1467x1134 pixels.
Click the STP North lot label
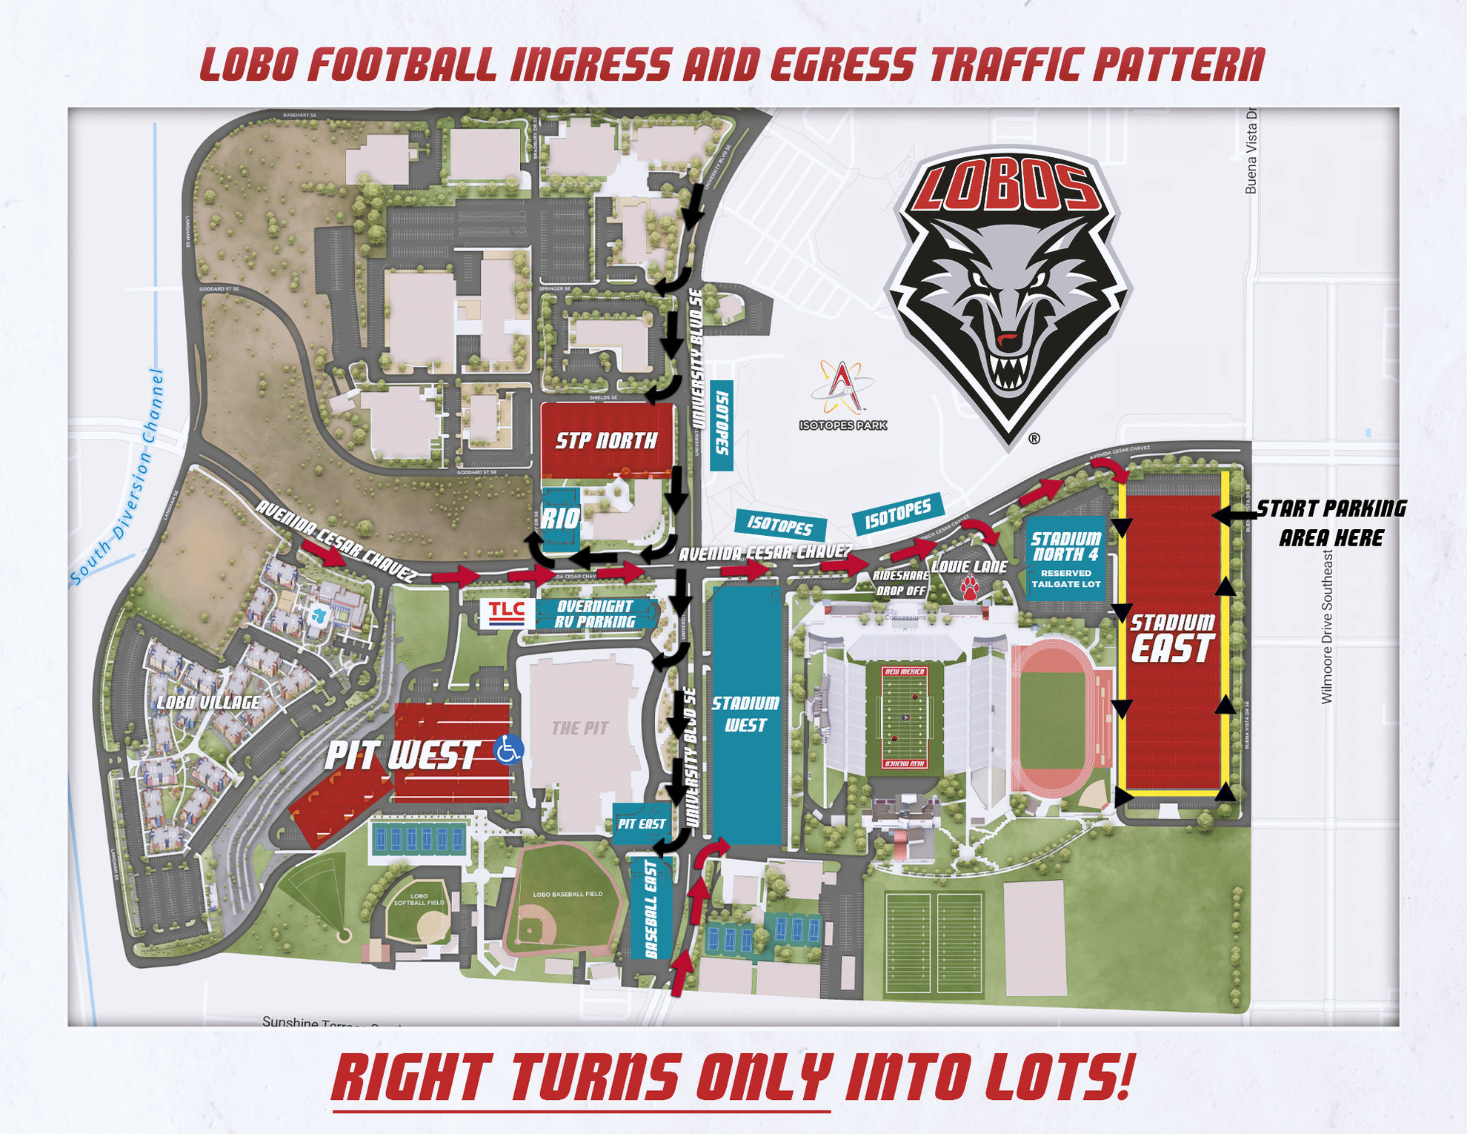(x=606, y=441)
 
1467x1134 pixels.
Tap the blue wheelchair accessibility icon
(x=508, y=749)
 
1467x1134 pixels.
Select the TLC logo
(x=507, y=613)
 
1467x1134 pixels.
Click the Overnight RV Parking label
(x=596, y=614)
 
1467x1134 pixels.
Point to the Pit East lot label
(x=642, y=823)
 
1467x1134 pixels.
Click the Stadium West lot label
(x=745, y=714)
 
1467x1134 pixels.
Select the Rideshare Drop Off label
(x=900, y=583)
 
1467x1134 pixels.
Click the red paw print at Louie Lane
(x=969, y=589)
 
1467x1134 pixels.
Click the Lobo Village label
(x=208, y=702)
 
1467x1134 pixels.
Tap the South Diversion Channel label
(x=117, y=478)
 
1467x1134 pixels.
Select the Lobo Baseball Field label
(x=568, y=895)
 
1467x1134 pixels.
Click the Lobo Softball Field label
(x=419, y=900)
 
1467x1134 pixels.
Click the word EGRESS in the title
(x=842, y=64)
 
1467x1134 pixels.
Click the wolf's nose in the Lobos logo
(x=1006, y=341)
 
